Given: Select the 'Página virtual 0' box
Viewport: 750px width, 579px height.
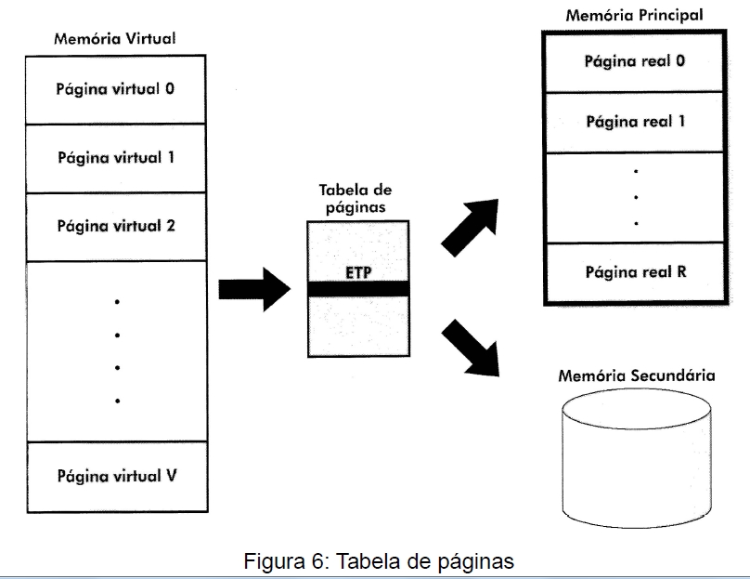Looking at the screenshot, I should (116, 90).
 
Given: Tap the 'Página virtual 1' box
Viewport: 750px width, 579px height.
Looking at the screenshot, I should (116, 158).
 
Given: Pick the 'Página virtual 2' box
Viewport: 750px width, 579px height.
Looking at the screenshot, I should (116, 226).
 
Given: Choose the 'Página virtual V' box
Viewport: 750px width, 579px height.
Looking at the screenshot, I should (116, 477).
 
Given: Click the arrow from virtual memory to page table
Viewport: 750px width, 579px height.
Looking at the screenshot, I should (253, 289).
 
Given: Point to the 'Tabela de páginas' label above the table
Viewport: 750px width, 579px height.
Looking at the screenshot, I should (356, 197).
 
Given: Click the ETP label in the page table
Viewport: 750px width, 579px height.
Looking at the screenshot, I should (356, 273).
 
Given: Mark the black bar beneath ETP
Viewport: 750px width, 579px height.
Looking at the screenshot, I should (356, 290).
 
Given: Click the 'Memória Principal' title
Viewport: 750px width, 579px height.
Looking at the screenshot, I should (633, 15).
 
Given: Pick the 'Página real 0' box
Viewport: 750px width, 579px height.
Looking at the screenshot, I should (634, 61).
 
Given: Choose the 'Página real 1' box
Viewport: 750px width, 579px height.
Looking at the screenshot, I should (634, 122).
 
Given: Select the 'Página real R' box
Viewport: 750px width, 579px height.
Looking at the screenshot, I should (634, 272).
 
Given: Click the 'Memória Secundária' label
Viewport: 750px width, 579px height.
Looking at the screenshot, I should (636, 376).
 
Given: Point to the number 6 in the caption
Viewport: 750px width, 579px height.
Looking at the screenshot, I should (316, 561).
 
